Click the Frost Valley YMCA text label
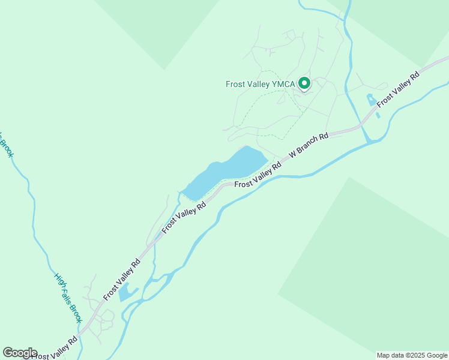click(x=260, y=84)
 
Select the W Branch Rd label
click(x=309, y=146)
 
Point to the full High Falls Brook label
click(x=68, y=298)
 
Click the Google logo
click(x=20, y=353)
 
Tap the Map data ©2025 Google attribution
click(x=412, y=355)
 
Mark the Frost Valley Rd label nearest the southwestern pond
click(x=122, y=279)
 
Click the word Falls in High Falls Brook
click(x=68, y=299)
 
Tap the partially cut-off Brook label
click(x=5, y=145)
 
